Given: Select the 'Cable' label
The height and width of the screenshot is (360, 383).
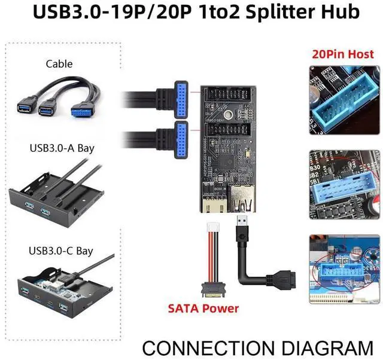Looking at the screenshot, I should [59, 63].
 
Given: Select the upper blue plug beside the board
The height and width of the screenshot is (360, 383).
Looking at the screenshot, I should [182, 95].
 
